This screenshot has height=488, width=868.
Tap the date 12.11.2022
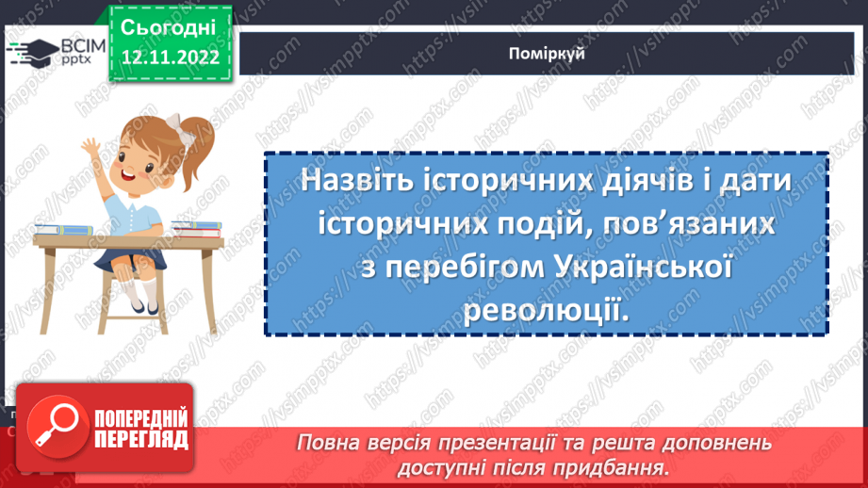point(170,57)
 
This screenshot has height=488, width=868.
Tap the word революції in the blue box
point(547,308)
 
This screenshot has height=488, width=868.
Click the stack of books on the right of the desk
point(195,227)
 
